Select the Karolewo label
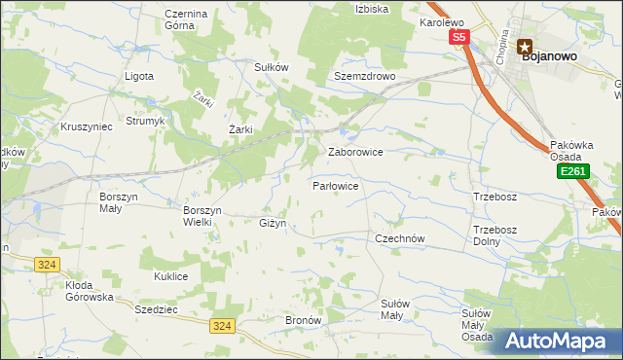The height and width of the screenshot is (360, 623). (441, 21)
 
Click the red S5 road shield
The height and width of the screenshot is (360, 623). (459, 37)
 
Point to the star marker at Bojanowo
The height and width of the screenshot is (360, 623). (525, 44)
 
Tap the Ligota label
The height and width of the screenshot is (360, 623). (139, 76)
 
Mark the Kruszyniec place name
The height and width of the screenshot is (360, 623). (87, 127)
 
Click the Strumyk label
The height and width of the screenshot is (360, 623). (145, 122)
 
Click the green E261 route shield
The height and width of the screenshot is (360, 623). (571, 171)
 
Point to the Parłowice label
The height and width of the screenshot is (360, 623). (337, 185)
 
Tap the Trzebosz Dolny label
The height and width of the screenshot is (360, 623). (493, 235)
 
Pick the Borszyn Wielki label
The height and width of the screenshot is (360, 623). (203, 215)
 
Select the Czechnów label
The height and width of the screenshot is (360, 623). (401, 237)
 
